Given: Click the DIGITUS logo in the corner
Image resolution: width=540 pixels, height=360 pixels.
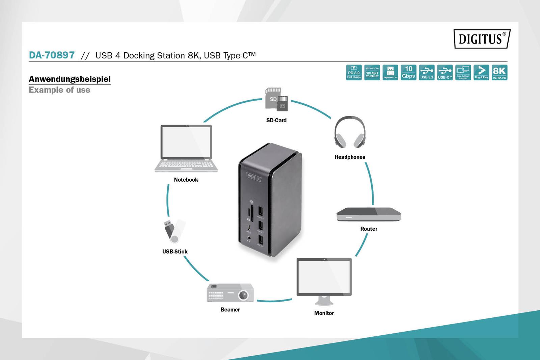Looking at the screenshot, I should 482,39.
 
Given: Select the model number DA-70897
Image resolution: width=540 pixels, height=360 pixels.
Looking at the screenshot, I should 52,55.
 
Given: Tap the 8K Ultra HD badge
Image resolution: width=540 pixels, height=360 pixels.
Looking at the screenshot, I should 500,72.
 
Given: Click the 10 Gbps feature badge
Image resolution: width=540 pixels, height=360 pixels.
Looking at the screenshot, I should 408,72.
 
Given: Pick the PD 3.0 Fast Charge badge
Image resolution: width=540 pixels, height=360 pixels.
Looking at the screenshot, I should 354,72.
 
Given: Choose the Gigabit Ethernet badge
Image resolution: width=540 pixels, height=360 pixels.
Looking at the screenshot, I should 372,72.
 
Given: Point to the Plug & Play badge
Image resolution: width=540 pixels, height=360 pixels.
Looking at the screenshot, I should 481,72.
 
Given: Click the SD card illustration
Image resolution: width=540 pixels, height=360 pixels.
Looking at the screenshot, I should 277,99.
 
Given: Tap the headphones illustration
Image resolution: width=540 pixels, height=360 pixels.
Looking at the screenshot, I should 350,132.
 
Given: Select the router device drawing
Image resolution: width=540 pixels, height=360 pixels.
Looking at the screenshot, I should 369,214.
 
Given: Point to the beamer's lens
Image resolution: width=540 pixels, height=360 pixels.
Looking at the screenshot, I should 243,295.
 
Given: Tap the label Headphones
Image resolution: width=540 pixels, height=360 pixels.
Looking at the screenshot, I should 350,157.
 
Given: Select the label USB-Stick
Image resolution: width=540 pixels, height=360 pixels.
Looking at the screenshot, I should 175,252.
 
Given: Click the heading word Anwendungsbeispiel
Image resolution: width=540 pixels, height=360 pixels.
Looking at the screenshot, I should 70,79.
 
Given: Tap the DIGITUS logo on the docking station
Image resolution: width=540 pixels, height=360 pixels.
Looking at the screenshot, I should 254,177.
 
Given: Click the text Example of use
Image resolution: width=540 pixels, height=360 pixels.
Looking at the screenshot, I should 59,90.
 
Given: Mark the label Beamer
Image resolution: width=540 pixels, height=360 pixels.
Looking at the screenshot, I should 230,310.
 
